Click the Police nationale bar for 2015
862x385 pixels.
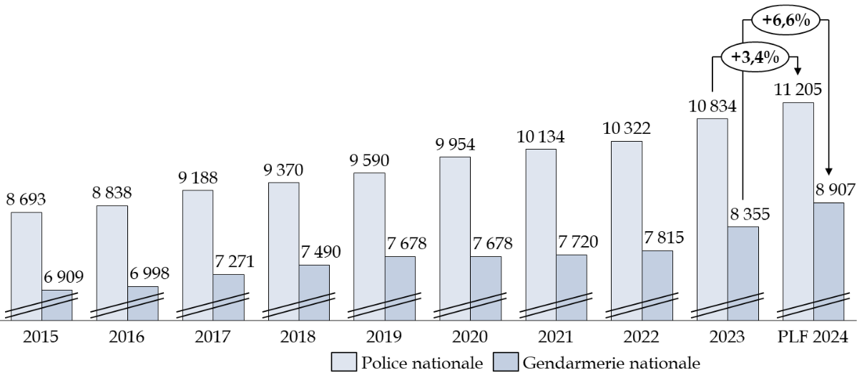[26, 265]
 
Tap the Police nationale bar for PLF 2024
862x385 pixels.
[798, 208]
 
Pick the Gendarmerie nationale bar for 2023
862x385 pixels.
[743, 272]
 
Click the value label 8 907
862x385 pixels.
[829, 190]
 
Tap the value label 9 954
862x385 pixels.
[456, 144]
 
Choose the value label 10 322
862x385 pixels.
[627, 129]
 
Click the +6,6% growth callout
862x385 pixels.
[785, 21]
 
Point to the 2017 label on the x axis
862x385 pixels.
[198, 336]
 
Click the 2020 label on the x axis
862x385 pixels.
[456, 336]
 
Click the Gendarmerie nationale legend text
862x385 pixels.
[612, 364]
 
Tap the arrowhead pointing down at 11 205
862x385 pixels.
[798, 72]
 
